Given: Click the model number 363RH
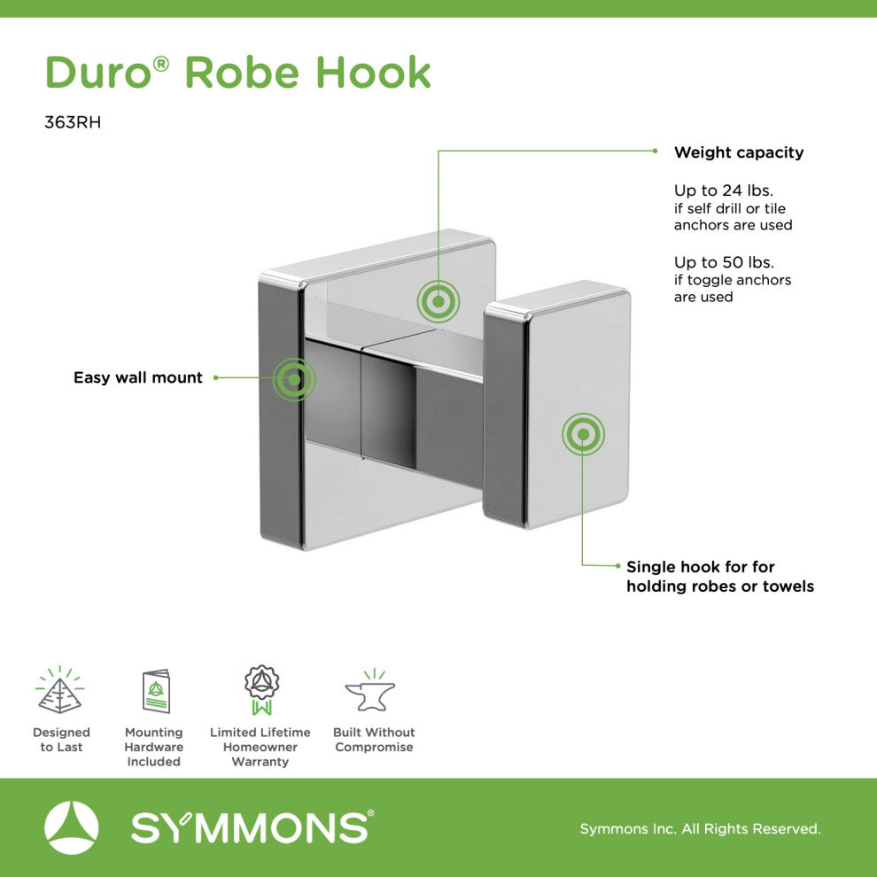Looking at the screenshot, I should coord(73,123).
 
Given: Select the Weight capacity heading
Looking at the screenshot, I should coord(739,152).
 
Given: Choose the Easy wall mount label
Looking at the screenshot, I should coord(138,377).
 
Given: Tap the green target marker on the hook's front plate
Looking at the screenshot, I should coord(583,435).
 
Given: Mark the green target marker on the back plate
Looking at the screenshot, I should coord(438,302).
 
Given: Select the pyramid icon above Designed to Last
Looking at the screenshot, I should coord(60,691).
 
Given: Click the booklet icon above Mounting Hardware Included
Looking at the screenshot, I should coord(156,691).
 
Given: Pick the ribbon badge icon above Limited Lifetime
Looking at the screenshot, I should coord(261,690).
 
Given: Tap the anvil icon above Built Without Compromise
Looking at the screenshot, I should coord(370,691).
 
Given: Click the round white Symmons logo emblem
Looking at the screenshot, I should coord(72,827).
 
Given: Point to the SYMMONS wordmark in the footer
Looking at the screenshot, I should coord(252,828).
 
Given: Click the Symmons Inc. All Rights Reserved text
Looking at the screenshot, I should coord(700,829).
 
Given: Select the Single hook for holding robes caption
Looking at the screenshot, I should coord(719,577).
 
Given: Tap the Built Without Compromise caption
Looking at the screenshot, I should coord(374,740).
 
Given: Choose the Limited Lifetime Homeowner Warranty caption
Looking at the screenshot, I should coord(260,747).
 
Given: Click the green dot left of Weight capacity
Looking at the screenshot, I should coord(655,151).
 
